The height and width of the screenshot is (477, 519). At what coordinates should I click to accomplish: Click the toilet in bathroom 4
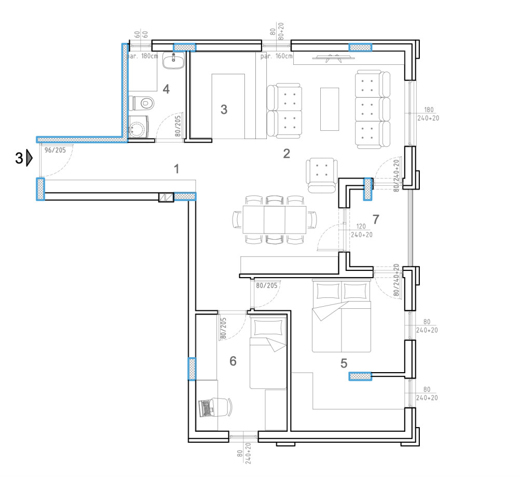(x=144, y=103)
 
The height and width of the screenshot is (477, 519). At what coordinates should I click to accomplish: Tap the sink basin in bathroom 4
(x=173, y=62)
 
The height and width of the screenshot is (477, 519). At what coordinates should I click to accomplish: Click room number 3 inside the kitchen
(x=224, y=110)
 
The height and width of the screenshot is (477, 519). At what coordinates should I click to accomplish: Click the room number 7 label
(x=376, y=219)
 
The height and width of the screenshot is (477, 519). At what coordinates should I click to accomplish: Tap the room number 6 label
(x=233, y=361)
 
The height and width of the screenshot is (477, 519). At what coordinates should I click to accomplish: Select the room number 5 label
(x=344, y=363)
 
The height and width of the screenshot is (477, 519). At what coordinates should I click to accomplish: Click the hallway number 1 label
(x=177, y=169)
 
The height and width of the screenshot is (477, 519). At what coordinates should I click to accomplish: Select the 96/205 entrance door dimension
(x=56, y=151)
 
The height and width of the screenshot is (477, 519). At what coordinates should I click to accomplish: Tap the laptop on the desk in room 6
(x=206, y=407)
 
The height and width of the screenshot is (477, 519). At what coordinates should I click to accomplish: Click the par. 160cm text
(x=277, y=56)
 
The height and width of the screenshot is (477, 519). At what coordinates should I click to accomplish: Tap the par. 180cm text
(x=143, y=56)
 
